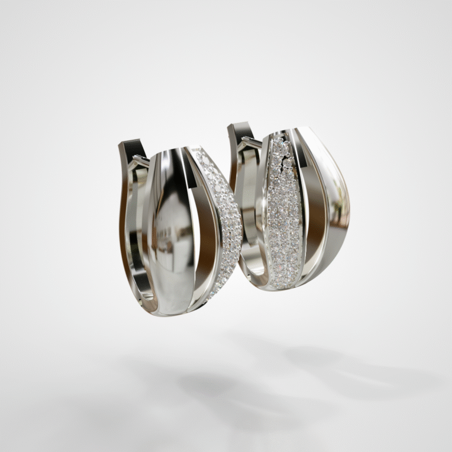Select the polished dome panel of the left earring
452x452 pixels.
coord(171,230)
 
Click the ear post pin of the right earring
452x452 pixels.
coord(250,141)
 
